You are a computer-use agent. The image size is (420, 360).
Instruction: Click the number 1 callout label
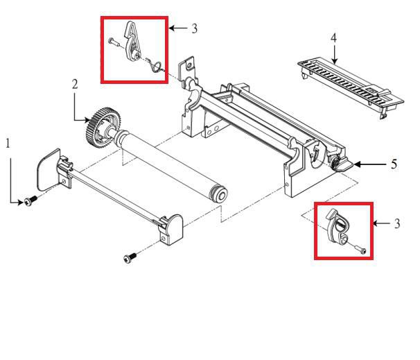click(x=8, y=144)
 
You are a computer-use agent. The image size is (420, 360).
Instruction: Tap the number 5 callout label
click(x=394, y=165)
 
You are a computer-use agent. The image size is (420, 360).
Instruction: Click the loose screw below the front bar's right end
click(x=128, y=257)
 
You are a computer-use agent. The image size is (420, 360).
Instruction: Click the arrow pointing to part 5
click(x=371, y=165)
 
